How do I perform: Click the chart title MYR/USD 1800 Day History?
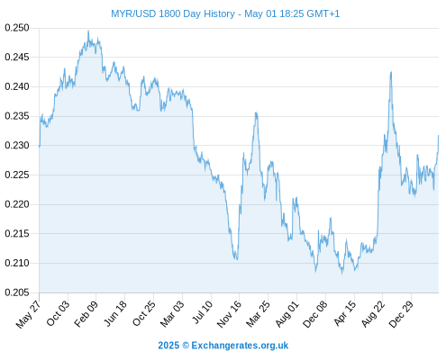click(x=173, y=13)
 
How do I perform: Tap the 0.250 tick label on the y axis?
click(x=17, y=28)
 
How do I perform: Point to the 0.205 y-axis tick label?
click(x=17, y=292)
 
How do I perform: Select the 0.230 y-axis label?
click(x=17, y=146)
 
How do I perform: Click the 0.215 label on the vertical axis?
click(x=17, y=233)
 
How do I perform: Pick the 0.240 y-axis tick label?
click(x=17, y=86)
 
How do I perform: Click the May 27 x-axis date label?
click(x=29, y=314)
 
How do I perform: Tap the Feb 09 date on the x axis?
click(x=86, y=314)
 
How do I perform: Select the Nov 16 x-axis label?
click(x=229, y=314)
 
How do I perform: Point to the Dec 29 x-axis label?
click(x=401, y=314)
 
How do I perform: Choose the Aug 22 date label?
click(x=373, y=314)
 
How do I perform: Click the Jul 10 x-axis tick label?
click(x=203, y=312)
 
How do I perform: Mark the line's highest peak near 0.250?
click(x=88, y=31)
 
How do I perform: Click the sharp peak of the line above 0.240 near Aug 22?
click(x=391, y=72)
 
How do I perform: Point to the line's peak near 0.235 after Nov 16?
click(x=256, y=112)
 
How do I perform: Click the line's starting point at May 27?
click(x=40, y=147)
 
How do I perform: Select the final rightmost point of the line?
click(x=439, y=136)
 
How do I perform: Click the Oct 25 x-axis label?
click(x=144, y=314)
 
